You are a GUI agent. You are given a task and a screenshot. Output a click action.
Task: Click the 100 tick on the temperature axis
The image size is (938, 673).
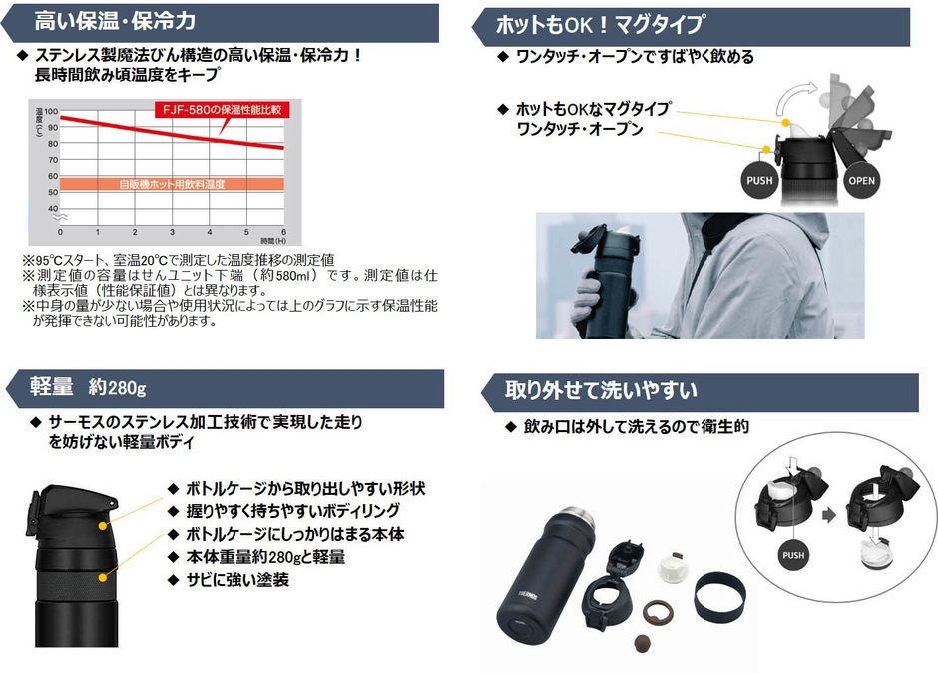pyautogui.click(x=53, y=113)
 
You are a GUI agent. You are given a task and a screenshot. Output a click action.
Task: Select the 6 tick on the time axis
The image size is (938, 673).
pyautogui.click(x=284, y=231)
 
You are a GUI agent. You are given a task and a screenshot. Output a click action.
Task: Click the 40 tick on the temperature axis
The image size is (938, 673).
pyautogui.click(x=53, y=208)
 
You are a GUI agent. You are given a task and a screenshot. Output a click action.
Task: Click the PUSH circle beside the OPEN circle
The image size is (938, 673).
pyautogui.click(x=759, y=181)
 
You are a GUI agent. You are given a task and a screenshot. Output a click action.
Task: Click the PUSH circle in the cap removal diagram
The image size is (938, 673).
pyautogui.click(x=793, y=555)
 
